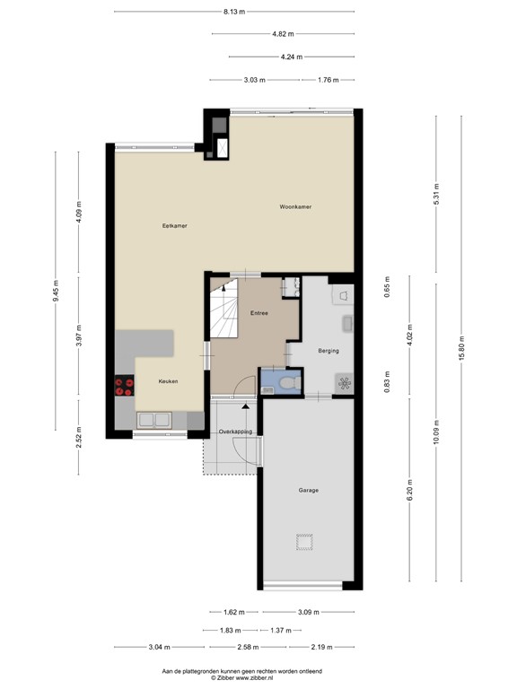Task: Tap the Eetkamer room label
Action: click(162, 224)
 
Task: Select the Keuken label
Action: click(168, 381)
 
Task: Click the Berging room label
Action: click(329, 351)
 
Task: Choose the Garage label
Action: click(308, 490)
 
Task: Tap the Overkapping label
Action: click(236, 432)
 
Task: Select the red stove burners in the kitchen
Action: click(125, 385)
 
